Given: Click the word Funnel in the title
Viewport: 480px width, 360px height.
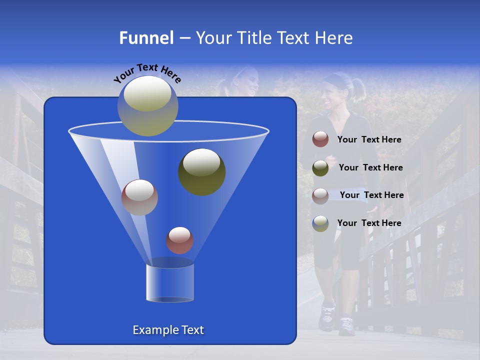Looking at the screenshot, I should tap(146, 38).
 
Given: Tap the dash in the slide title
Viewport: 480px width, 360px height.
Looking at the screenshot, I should tap(184, 38).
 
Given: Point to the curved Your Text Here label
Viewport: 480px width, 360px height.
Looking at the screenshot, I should tap(147, 73).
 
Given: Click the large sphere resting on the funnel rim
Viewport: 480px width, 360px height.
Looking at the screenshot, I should tap(147, 105).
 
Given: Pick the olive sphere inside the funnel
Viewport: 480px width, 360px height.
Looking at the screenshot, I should tap(201, 171).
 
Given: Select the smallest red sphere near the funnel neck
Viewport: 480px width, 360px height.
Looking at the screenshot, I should tap(179, 240).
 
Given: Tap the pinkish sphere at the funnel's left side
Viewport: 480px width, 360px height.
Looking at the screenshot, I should tap(139, 197).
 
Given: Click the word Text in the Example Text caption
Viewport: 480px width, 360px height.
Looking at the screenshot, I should tap(191, 330).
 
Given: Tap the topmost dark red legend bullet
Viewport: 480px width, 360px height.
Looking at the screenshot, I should tap(320, 139).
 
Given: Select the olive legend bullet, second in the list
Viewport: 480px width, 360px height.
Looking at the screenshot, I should tap(320, 167).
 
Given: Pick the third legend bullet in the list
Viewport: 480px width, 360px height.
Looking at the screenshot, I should tap(320, 195).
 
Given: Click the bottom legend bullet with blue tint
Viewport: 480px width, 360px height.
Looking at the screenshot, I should tap(320, 223).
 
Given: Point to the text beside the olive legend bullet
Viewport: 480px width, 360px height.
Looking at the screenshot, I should tap(370, 167).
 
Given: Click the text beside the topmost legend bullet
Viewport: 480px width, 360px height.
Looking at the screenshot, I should tap(369, 139).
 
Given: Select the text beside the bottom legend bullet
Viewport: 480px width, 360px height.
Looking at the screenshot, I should tap(369, 223).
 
